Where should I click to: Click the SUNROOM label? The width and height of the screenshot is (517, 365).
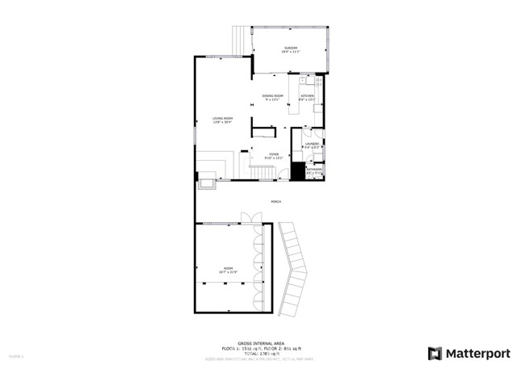tap(290, 48)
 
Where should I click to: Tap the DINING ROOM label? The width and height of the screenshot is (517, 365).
tap(272, 96)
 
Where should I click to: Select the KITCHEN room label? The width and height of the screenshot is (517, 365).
tap(308, 96)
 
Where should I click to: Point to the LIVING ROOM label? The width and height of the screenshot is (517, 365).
tap(222, 120)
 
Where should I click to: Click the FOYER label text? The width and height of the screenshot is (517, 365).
tap(274, 153)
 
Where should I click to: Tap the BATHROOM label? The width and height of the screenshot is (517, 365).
tap(314, 169)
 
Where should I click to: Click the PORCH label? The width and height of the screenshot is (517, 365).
tap(275, 202)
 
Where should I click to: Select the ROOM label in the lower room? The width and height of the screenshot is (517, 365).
tap(229, 268)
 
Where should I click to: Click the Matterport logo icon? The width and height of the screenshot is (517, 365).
tap(435, 353)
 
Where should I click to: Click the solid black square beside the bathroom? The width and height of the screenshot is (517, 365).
tap(297, 171)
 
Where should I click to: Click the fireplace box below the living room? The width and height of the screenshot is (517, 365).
tap(205, 185)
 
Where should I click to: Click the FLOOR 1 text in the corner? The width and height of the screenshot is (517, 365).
tap(16, 355)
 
